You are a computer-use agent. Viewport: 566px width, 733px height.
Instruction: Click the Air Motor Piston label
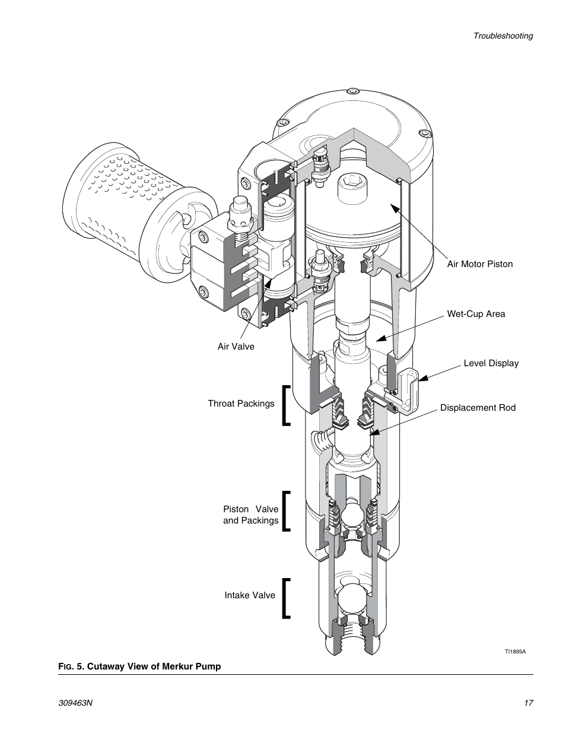pos(480,264)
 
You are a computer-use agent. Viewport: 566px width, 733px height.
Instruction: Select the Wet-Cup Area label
pos(476,314)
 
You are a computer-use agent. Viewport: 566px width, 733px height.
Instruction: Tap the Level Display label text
pos(491,363)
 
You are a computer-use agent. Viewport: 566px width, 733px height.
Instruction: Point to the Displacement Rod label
pos(478,408)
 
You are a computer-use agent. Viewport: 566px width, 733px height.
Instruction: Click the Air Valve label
pos(236,347)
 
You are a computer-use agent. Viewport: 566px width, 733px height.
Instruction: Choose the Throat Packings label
pos(241,404)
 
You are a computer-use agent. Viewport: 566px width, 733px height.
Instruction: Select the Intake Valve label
pos(250,595)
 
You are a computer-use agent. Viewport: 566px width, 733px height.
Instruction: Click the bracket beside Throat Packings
pos(286,405)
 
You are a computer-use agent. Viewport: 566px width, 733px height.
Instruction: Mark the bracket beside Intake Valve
pos(286,598)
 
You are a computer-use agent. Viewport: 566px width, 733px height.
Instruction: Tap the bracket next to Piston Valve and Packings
pos(286,512)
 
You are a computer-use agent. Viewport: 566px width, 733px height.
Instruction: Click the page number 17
pos(529,703)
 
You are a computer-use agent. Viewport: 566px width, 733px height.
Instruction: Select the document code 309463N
pos(75,703)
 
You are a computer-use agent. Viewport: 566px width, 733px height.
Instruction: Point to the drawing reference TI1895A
pos(515,651)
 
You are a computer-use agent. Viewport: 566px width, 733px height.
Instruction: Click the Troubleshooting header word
pos(503,36)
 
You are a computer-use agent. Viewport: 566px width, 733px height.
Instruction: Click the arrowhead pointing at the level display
pos(423,378)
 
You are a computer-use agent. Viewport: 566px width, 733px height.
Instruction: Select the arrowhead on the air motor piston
pos(395,208)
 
